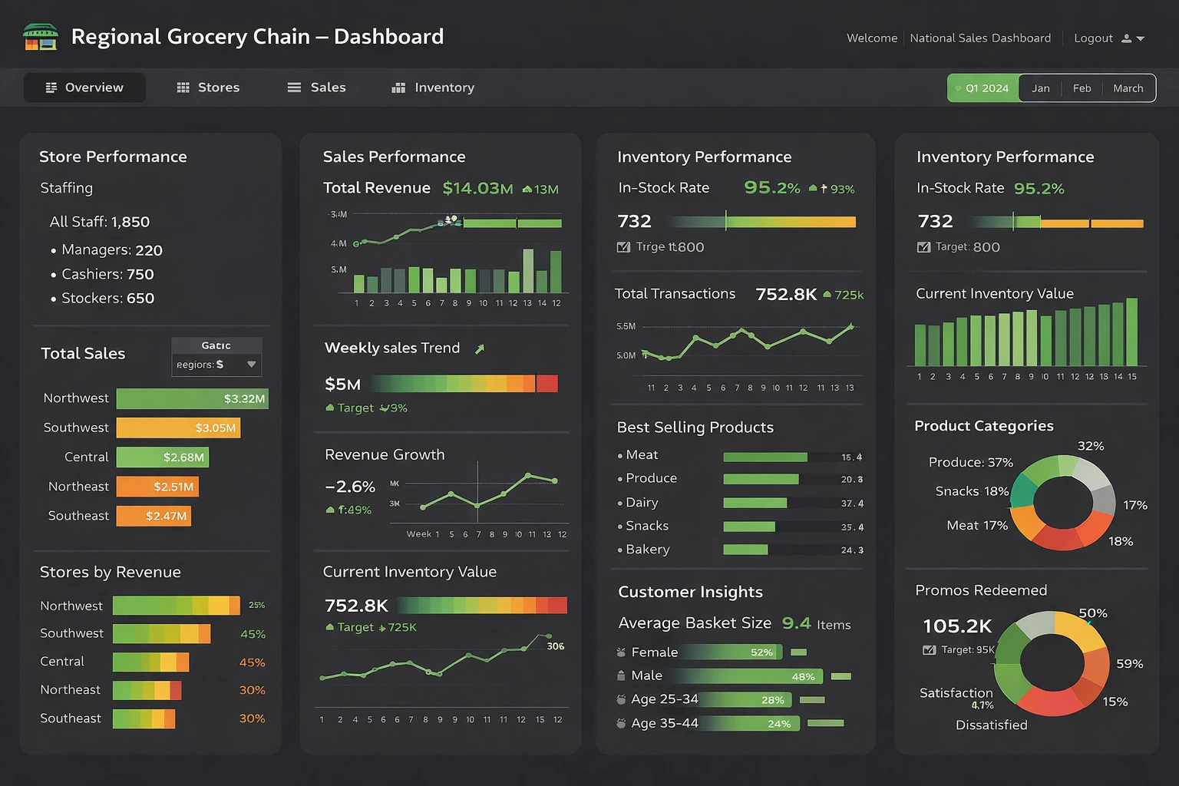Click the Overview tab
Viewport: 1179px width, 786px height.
84,88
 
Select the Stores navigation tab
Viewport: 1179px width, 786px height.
208,88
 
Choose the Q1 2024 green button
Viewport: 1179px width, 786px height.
982,88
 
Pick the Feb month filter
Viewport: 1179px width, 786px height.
1082,88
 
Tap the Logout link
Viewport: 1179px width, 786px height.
1093,38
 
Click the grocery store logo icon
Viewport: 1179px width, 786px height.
41,37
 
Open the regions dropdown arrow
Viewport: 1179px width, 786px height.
251,365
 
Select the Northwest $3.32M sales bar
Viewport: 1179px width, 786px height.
192,398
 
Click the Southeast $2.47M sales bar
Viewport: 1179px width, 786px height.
154,516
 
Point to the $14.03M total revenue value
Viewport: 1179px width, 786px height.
477,188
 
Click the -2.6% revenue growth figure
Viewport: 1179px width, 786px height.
350,487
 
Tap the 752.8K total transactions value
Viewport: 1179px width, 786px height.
786,294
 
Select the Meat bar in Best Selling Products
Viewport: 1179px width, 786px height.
765,457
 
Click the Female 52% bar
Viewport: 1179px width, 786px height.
729,652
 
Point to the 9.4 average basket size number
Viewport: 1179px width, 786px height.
796,623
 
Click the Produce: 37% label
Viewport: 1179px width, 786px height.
970,462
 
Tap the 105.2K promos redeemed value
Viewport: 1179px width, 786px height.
957,626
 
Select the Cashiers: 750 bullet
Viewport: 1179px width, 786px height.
107,274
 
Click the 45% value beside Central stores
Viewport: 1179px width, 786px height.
252,662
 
